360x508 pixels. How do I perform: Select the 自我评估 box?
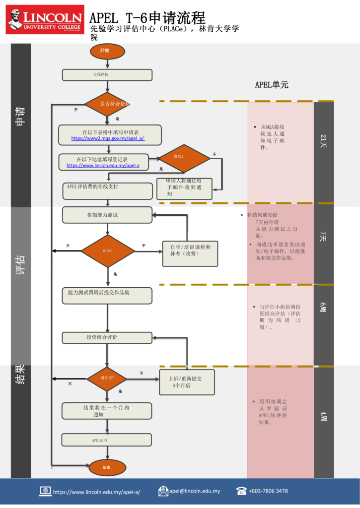(x=107, y=75)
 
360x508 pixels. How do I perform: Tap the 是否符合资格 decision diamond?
(x=107, y=104)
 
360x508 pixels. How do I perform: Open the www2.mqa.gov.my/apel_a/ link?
(x=108, y=138)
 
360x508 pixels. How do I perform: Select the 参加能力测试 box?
(x=107, y=215)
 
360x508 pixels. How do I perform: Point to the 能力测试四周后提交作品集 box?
(x=107, y=296)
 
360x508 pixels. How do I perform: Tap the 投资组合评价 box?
(x=107, y=338)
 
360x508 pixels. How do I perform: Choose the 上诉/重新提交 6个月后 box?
(x=187, y=382)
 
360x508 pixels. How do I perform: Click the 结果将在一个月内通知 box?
(x=107, y=411)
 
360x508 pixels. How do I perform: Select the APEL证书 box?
(x=107, y=440)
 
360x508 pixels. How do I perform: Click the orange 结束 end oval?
(x=106, y=467)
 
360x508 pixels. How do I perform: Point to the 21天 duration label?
(x=323, y=141)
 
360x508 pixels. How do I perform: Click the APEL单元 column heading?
(x=272, y=85)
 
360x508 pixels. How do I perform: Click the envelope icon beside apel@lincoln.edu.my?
(x=163, y=491)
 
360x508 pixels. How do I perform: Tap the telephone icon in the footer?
(x=242, y=491)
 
